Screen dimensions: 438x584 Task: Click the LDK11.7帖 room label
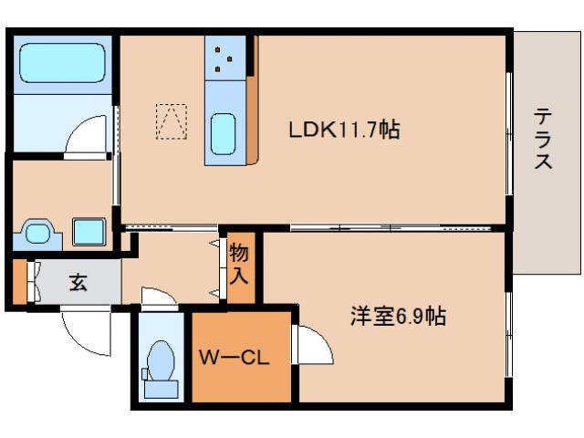tap(344, 130)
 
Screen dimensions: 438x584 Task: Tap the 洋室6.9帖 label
tap(399, 317)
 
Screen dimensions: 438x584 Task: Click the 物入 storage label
tap(241, 263)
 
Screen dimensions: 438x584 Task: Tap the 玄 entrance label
tap(78, 283)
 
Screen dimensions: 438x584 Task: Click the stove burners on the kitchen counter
tap(224, 60)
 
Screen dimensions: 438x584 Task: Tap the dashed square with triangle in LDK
tap(170, 122)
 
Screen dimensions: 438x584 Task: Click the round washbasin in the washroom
tap(38, 232)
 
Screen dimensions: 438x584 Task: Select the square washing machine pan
tap(89, 231)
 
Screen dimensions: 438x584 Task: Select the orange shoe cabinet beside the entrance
tap(20, 283)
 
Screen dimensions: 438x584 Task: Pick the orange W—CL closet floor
tap(241, 379)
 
